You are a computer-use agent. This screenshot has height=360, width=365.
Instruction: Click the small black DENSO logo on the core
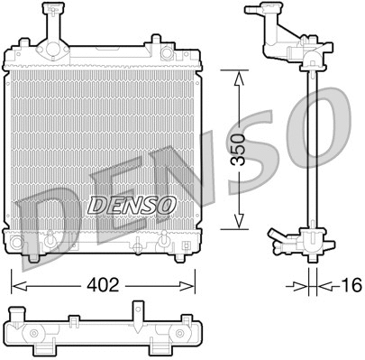coord(130,205)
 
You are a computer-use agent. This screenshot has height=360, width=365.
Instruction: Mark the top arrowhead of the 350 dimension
coord(238,79)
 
